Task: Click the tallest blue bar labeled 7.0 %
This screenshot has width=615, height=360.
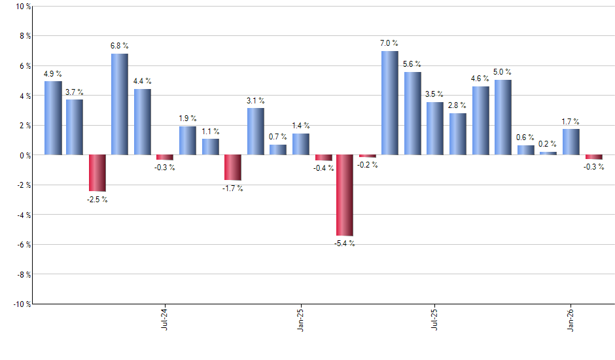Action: click(389, 103)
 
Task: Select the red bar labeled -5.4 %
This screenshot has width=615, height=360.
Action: click(344, 195)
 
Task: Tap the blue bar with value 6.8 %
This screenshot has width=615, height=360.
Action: click(119, 104)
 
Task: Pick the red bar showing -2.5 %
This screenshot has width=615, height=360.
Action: click(97, 173)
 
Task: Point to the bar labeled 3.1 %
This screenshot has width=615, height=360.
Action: click(255, 132)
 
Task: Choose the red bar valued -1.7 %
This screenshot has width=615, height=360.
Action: click(233, 168)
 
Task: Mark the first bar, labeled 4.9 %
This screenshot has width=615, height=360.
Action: click(52, 118)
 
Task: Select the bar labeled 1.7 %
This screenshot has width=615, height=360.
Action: click(571, 142)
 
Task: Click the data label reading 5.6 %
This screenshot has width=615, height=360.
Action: click(412, 64)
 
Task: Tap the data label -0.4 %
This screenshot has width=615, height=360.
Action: click(323, 168)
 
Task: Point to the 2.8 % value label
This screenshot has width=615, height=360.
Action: click(457, 105)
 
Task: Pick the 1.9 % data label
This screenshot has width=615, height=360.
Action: click(188, 118)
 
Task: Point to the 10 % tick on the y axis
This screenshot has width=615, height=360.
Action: click(22, 7)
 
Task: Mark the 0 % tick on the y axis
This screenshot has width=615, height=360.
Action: click(24, 155)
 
